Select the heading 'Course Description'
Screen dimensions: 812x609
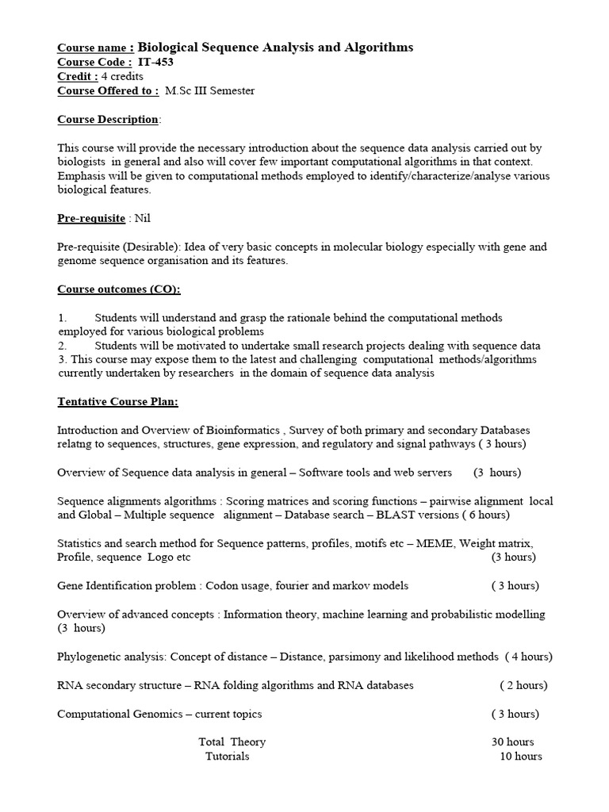108,119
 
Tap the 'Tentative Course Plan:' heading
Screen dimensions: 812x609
117,401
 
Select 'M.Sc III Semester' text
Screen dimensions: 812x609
210,90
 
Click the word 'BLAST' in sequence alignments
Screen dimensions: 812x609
394,515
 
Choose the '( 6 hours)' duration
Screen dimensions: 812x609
485,515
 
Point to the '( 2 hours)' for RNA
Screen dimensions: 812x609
523,685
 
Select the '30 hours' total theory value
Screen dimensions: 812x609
513,742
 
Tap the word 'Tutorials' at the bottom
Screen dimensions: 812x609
227,756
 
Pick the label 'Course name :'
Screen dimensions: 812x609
95,48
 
